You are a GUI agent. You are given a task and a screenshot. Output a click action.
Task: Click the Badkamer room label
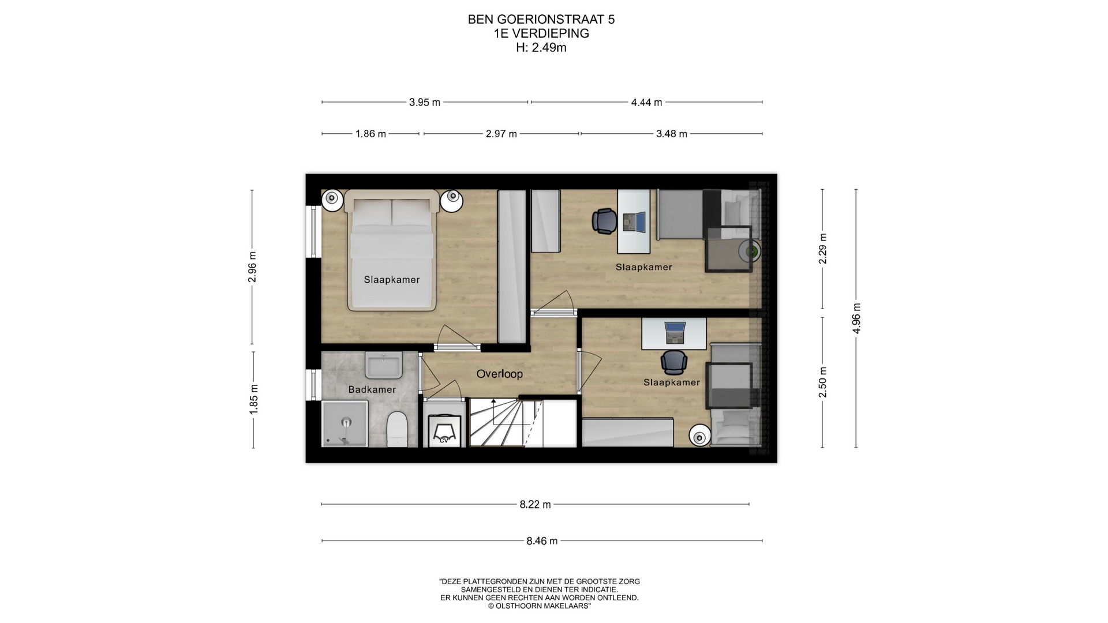pos(372,389)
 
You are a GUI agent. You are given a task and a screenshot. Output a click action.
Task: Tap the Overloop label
pos(499,374)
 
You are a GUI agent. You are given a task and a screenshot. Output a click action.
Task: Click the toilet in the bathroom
pos(397,429)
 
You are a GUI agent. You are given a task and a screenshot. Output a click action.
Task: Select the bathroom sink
pos(383,366)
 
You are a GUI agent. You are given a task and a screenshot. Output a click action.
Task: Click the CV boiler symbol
pos(444,431)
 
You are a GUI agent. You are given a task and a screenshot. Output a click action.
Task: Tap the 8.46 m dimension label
pos(542,541)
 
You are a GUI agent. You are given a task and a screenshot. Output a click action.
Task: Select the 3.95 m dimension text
pos(425,103)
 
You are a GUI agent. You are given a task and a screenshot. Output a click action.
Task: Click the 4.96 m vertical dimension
pos(856,318)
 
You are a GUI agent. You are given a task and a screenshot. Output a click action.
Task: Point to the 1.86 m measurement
pos(370,134)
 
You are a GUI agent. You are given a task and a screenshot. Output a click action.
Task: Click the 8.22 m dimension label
pos(535,505)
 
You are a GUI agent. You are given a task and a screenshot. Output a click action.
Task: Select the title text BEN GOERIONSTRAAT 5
pos(541,20)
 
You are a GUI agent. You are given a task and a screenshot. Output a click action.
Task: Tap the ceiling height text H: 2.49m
pos(541,48)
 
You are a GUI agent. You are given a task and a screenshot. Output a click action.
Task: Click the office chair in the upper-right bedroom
pos(604,221)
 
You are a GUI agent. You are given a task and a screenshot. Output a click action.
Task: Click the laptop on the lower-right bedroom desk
pos(675,332)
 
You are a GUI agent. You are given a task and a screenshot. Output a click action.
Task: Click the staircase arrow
pos(493,412)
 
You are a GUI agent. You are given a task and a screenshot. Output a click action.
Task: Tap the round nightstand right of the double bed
pos(451,201)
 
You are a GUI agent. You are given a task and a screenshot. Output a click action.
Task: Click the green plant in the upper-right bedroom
pos(751,251)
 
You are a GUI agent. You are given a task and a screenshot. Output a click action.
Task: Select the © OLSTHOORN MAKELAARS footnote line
pos(539,606)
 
